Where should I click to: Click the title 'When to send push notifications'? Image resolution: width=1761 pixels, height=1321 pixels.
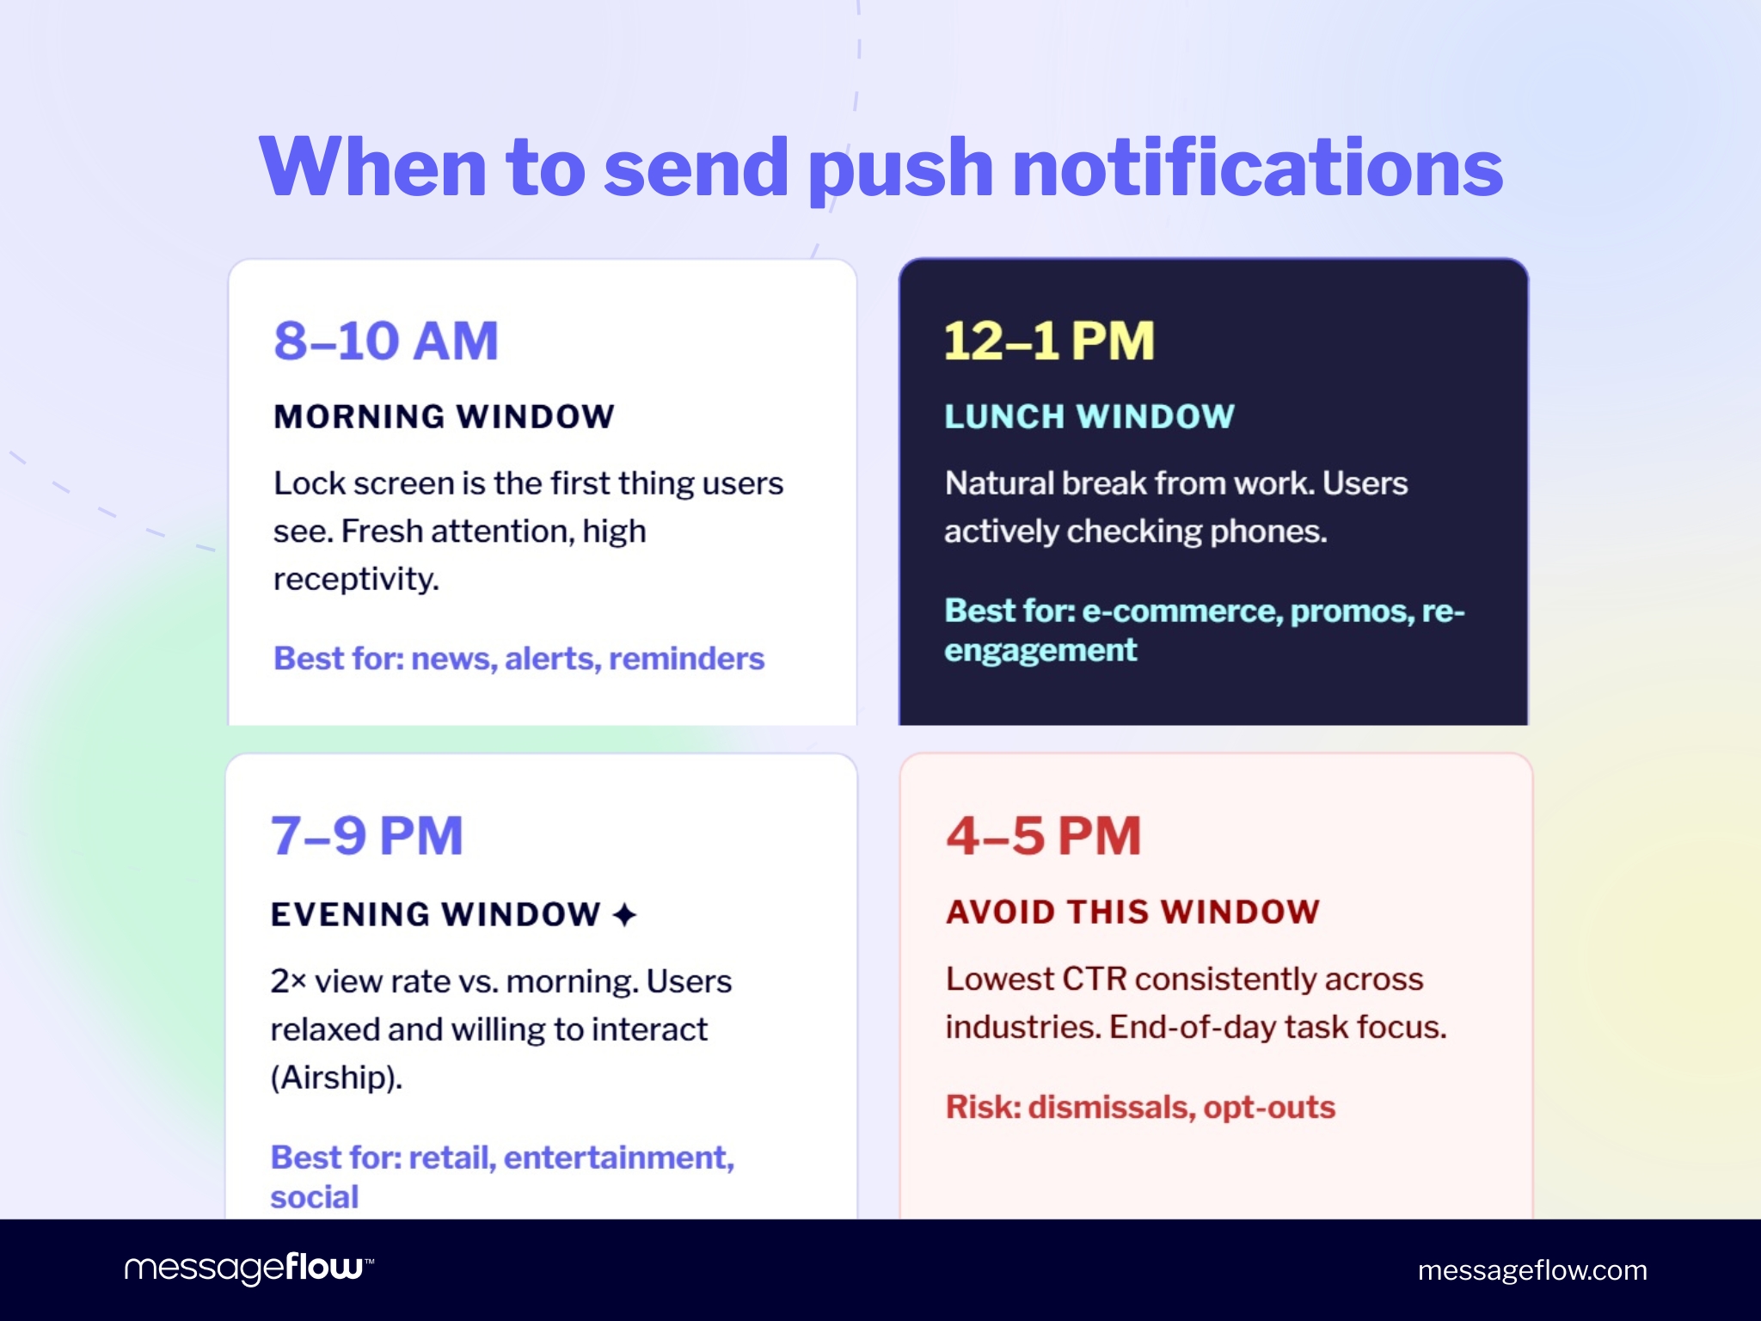[x=880, y=167]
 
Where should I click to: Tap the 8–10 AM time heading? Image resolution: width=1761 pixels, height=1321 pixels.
[x=386, y=341]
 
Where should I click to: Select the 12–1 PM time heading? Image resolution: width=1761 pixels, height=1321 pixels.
[x=1049, y=341]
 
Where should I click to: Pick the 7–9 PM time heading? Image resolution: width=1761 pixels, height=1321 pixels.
[x=367, y=836]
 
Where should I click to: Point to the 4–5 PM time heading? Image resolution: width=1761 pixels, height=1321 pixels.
[x=1044, y=836]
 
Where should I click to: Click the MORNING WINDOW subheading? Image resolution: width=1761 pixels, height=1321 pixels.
[x=444, y=417]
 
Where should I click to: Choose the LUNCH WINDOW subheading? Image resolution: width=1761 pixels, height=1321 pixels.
[x=1089, y=417]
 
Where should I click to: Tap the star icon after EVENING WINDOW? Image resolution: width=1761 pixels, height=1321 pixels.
[x=625, y=914]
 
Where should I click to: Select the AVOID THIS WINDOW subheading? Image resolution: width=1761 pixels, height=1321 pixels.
[x=1132, y=912]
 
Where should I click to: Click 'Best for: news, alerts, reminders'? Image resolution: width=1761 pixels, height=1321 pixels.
[x=518, y=659]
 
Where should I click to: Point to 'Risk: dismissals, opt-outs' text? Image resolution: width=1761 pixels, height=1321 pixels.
[x=1140, y=1107]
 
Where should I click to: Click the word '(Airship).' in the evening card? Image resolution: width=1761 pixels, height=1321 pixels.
[x=336, y=1078]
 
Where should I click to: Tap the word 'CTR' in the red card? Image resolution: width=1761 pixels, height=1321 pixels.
[x=1095, y=979]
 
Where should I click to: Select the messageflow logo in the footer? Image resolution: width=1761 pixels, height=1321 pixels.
[x=249, y=1268]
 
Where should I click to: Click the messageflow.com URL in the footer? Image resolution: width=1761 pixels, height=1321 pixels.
[x=1532, y=1270]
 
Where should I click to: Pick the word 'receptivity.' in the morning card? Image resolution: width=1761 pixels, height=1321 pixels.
[x=356, y=580]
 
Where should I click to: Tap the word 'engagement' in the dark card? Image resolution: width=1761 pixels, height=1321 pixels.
[x=1040, y=651]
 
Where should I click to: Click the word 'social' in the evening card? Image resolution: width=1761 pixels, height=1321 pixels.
[x=314, y=1197]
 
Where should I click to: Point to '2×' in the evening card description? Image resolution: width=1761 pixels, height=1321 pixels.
[x=288, y=981]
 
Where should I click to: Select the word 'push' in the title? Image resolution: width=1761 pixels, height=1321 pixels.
[x=900, y=169]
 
